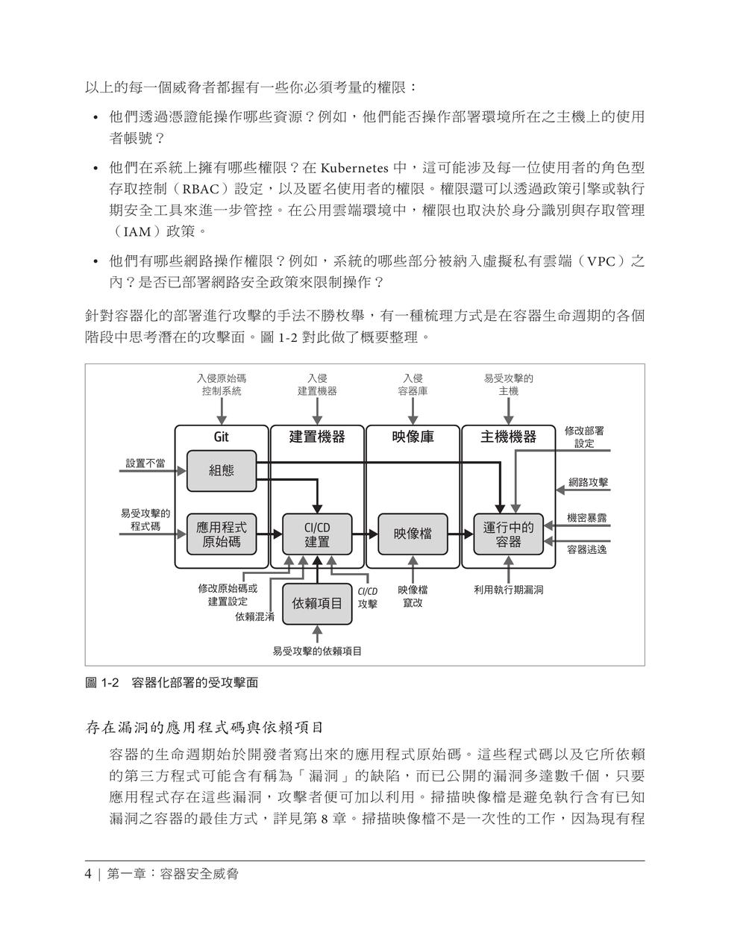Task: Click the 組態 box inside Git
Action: pyautogui.click(x=222, y=471)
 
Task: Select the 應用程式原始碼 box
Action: pyautogui.click(x=222, y=534)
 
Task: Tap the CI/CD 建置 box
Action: pyautogui.click(x=317, y=534)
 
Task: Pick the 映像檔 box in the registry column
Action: pyautogui.click(x=413, y=534)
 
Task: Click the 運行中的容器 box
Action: pyautogui.click(x=508, y=534)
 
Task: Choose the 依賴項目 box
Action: pyautogui.click(x=317, y=604)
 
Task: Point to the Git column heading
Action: pyautogui.click(x=222, y=437)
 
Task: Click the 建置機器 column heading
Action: pyautogui.click(x=317, y=437)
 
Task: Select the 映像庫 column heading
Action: pyautogui.click(x=413, y=437)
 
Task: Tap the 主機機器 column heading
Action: pyautogui.click(x=508, y=437)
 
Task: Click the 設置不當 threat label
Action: pyautogui.click(x=145, y=463)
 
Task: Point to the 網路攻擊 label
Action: pyautogui.click(x=588, y=482)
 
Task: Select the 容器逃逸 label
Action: pyautogui.click(x=586, y=549)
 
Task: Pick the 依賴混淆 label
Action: pyautogui.click(x=255, y=617)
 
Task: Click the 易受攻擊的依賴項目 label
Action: pyautogui.click(x=317, y=651)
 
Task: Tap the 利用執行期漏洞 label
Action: pyautogui.click(x=508, y=590)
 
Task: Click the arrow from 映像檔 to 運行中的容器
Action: pyautogui.click(x=460, y=534)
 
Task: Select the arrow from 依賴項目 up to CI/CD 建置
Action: pyautogui.click(x=317, y=569)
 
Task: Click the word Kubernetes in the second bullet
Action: pyautogui.click(x=354, y=168)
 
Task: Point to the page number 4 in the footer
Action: pyautogui.click(x=88, y=874)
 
